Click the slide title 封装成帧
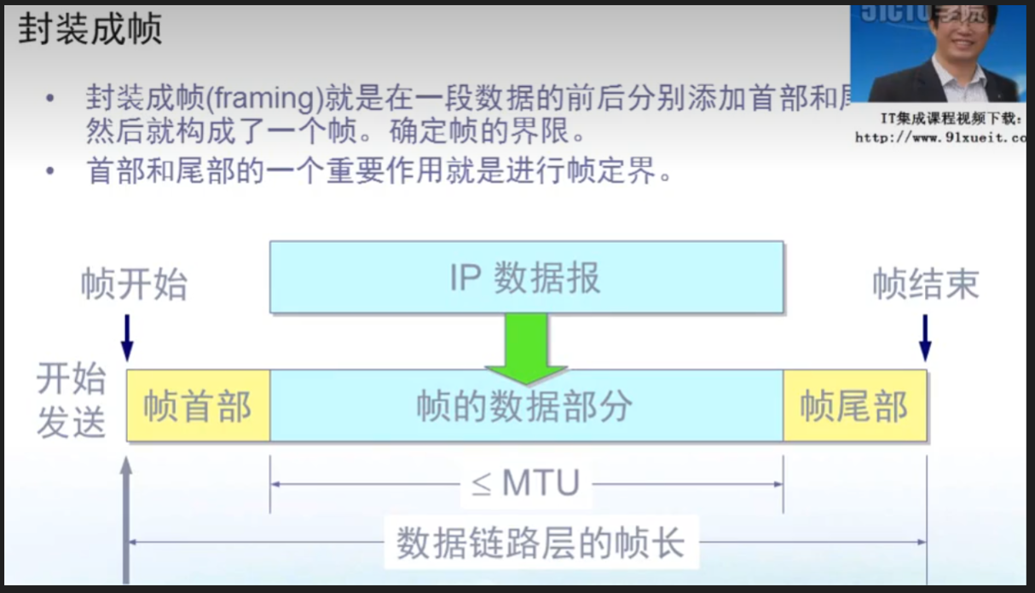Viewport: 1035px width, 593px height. pyautogui.click(x=90, y=30)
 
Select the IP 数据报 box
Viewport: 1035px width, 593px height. pyautogui.click(x=526, y=278)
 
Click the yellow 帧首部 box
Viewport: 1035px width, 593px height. pyautogui.click(x=198, y=406)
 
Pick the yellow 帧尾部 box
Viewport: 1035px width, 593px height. pyautogui.click(x=854, y=406)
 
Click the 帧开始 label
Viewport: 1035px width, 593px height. pyautogui.click(x=134, y=285)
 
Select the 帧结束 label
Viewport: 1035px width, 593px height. pyautogui.click(x=925, y=285)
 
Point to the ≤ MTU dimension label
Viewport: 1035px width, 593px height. pyautogui.click(x=525, y=484)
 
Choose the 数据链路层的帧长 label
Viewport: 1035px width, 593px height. pyautogui.click(x=541, y=543)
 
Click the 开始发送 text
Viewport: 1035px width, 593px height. pyautogui.click(x=71, y=400)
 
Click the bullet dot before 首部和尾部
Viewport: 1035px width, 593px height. pyautogui.click(x=51, y=171)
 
